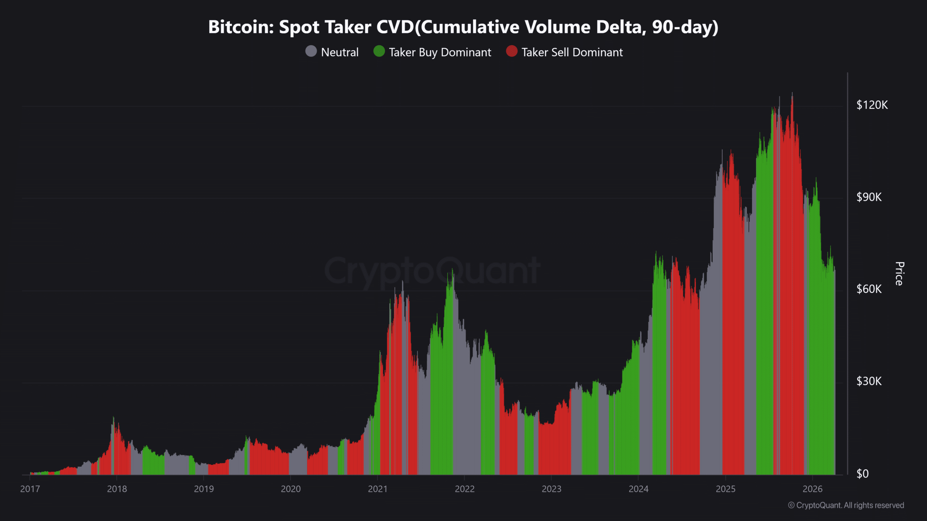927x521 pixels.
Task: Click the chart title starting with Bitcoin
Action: point(463,27)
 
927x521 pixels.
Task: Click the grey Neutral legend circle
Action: point(311,51)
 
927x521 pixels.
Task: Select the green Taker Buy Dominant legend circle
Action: point(379,51)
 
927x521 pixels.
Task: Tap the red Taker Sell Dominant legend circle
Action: point(512,51)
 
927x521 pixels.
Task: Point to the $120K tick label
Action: point(872,105)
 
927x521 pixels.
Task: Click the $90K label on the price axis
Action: point(869,197)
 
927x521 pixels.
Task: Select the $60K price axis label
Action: point(869,289)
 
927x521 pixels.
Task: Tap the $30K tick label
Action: point(869,381)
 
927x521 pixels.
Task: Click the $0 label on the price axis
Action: point(863,474)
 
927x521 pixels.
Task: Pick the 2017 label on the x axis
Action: point(30,489)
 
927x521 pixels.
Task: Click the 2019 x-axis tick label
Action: point(204,489)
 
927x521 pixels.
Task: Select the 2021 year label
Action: point(378,489)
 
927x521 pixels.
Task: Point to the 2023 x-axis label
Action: point(551,489)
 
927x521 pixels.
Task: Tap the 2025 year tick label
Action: point(726,489)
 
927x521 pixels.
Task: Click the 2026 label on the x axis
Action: point(813,489)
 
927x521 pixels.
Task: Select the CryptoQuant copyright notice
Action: point(846,505)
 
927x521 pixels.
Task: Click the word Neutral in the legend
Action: point(340,52)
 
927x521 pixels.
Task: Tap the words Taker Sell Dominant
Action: point(572,52)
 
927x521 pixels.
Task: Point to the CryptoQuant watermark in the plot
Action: point(432,271)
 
